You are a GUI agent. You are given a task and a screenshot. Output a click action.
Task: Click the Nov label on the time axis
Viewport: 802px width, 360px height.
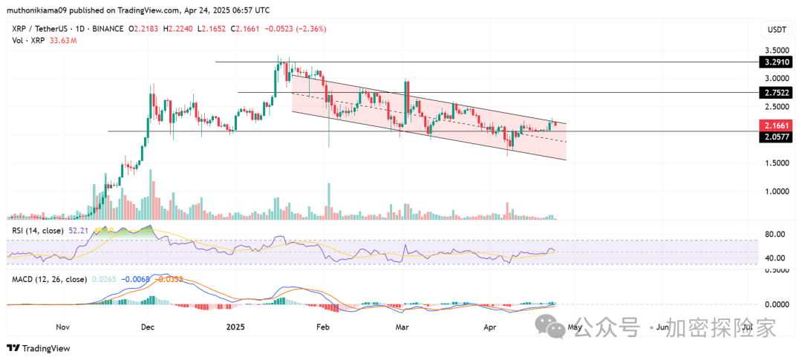click(x=62, y=327)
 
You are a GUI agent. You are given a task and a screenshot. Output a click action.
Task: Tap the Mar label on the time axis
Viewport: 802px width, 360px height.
click(x=402, y=327)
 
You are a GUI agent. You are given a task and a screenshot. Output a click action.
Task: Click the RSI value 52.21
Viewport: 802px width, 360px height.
click(x=78, y=232)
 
